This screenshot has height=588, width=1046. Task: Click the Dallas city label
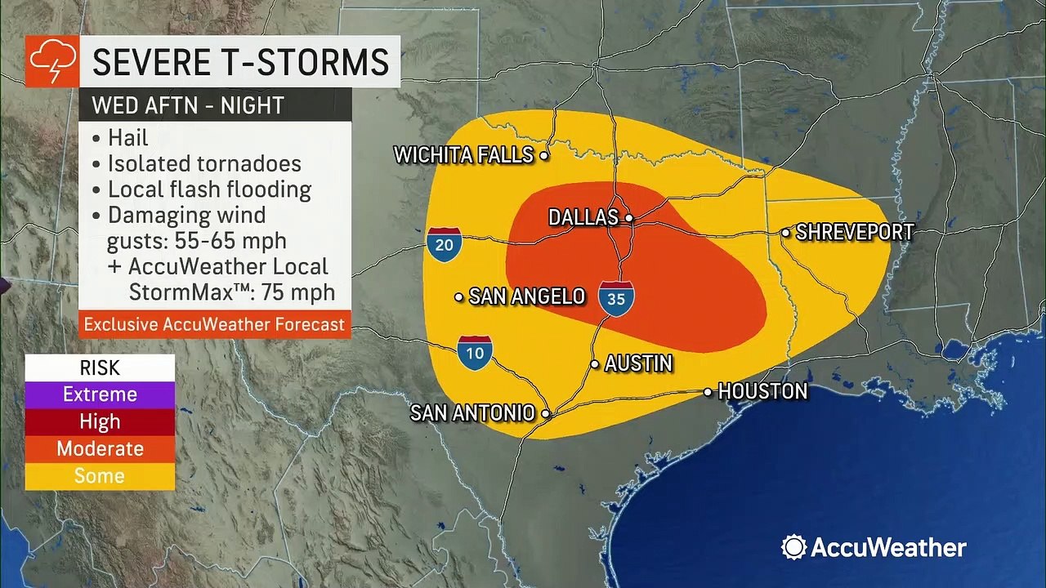click(583, 217)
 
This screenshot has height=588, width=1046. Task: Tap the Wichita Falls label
click(463, 155)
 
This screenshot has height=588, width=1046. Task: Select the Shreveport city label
click(854, 233)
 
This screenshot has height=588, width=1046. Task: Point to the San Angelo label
click(526, 296)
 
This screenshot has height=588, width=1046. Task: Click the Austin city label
click(638, 363)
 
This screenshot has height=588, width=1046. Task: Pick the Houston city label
click(762, 392)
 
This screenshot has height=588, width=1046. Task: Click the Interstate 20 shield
click(444, 243)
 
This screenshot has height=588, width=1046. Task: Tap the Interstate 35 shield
click(616, 298)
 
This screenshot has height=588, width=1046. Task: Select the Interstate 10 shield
click(475, 352)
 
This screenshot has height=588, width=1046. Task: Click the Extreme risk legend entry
click(100, 394)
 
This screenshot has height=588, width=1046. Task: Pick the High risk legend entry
click(100, 421)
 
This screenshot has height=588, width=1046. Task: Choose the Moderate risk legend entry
click(100, 448)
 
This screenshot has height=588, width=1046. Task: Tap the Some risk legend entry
click(100, 475)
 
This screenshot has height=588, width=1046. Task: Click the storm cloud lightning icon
click(51, 61)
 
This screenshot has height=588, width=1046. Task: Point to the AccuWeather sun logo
click(793, 547)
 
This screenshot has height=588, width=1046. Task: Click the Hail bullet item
click(128, 136)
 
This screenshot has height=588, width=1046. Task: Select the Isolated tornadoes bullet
click(204, 163)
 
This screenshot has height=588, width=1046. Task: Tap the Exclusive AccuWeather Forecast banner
click(214, 324)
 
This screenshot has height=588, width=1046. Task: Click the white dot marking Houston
click(708, 393)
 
